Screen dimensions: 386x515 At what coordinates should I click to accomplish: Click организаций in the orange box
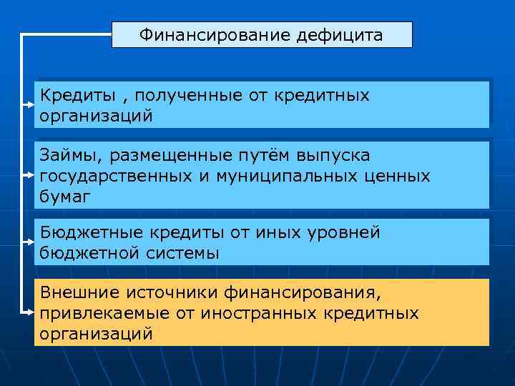pyautogui.click(x=97, y=334)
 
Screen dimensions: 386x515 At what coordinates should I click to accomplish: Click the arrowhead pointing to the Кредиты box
pyautogui.click(x=31, y=105)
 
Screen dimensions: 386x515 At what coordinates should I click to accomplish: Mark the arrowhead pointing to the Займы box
pyautogui.click(x=31, y=174)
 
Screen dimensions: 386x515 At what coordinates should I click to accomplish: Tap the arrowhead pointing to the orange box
pyautogui.click(x=31, y=313)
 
